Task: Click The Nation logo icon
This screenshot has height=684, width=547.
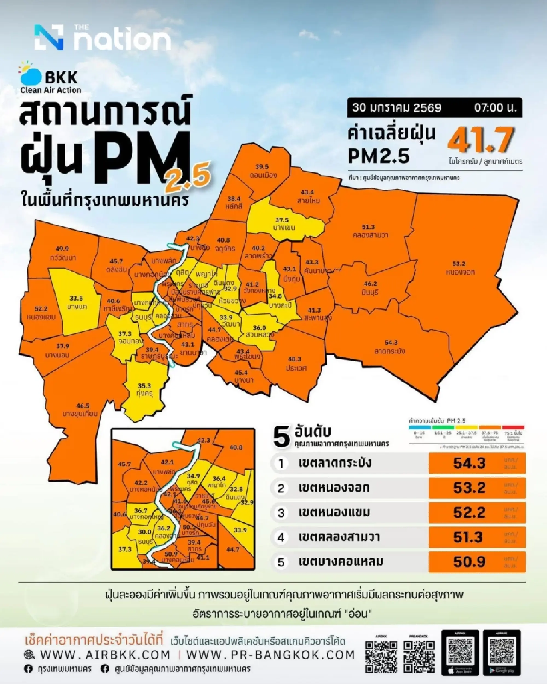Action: pyautogui.click(x=49, y=37)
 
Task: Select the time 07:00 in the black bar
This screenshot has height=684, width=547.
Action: pyautogui.click(x=495, y=108)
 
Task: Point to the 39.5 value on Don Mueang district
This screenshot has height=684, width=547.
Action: pyautogui.click(x=262, y=167)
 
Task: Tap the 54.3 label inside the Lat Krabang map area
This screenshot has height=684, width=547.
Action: pyautogui.click(x=391, y=343)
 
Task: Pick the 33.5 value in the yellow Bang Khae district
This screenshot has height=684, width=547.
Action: pyautogui.click(x=76, y=298)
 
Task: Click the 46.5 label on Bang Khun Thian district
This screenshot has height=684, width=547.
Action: pyautogui.click(x=83, y=406)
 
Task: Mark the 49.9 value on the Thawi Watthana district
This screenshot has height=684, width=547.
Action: pyautogui.click(x=62, y=249)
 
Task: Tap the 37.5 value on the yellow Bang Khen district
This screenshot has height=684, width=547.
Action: pyautogui.click(x=282, y=220)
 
